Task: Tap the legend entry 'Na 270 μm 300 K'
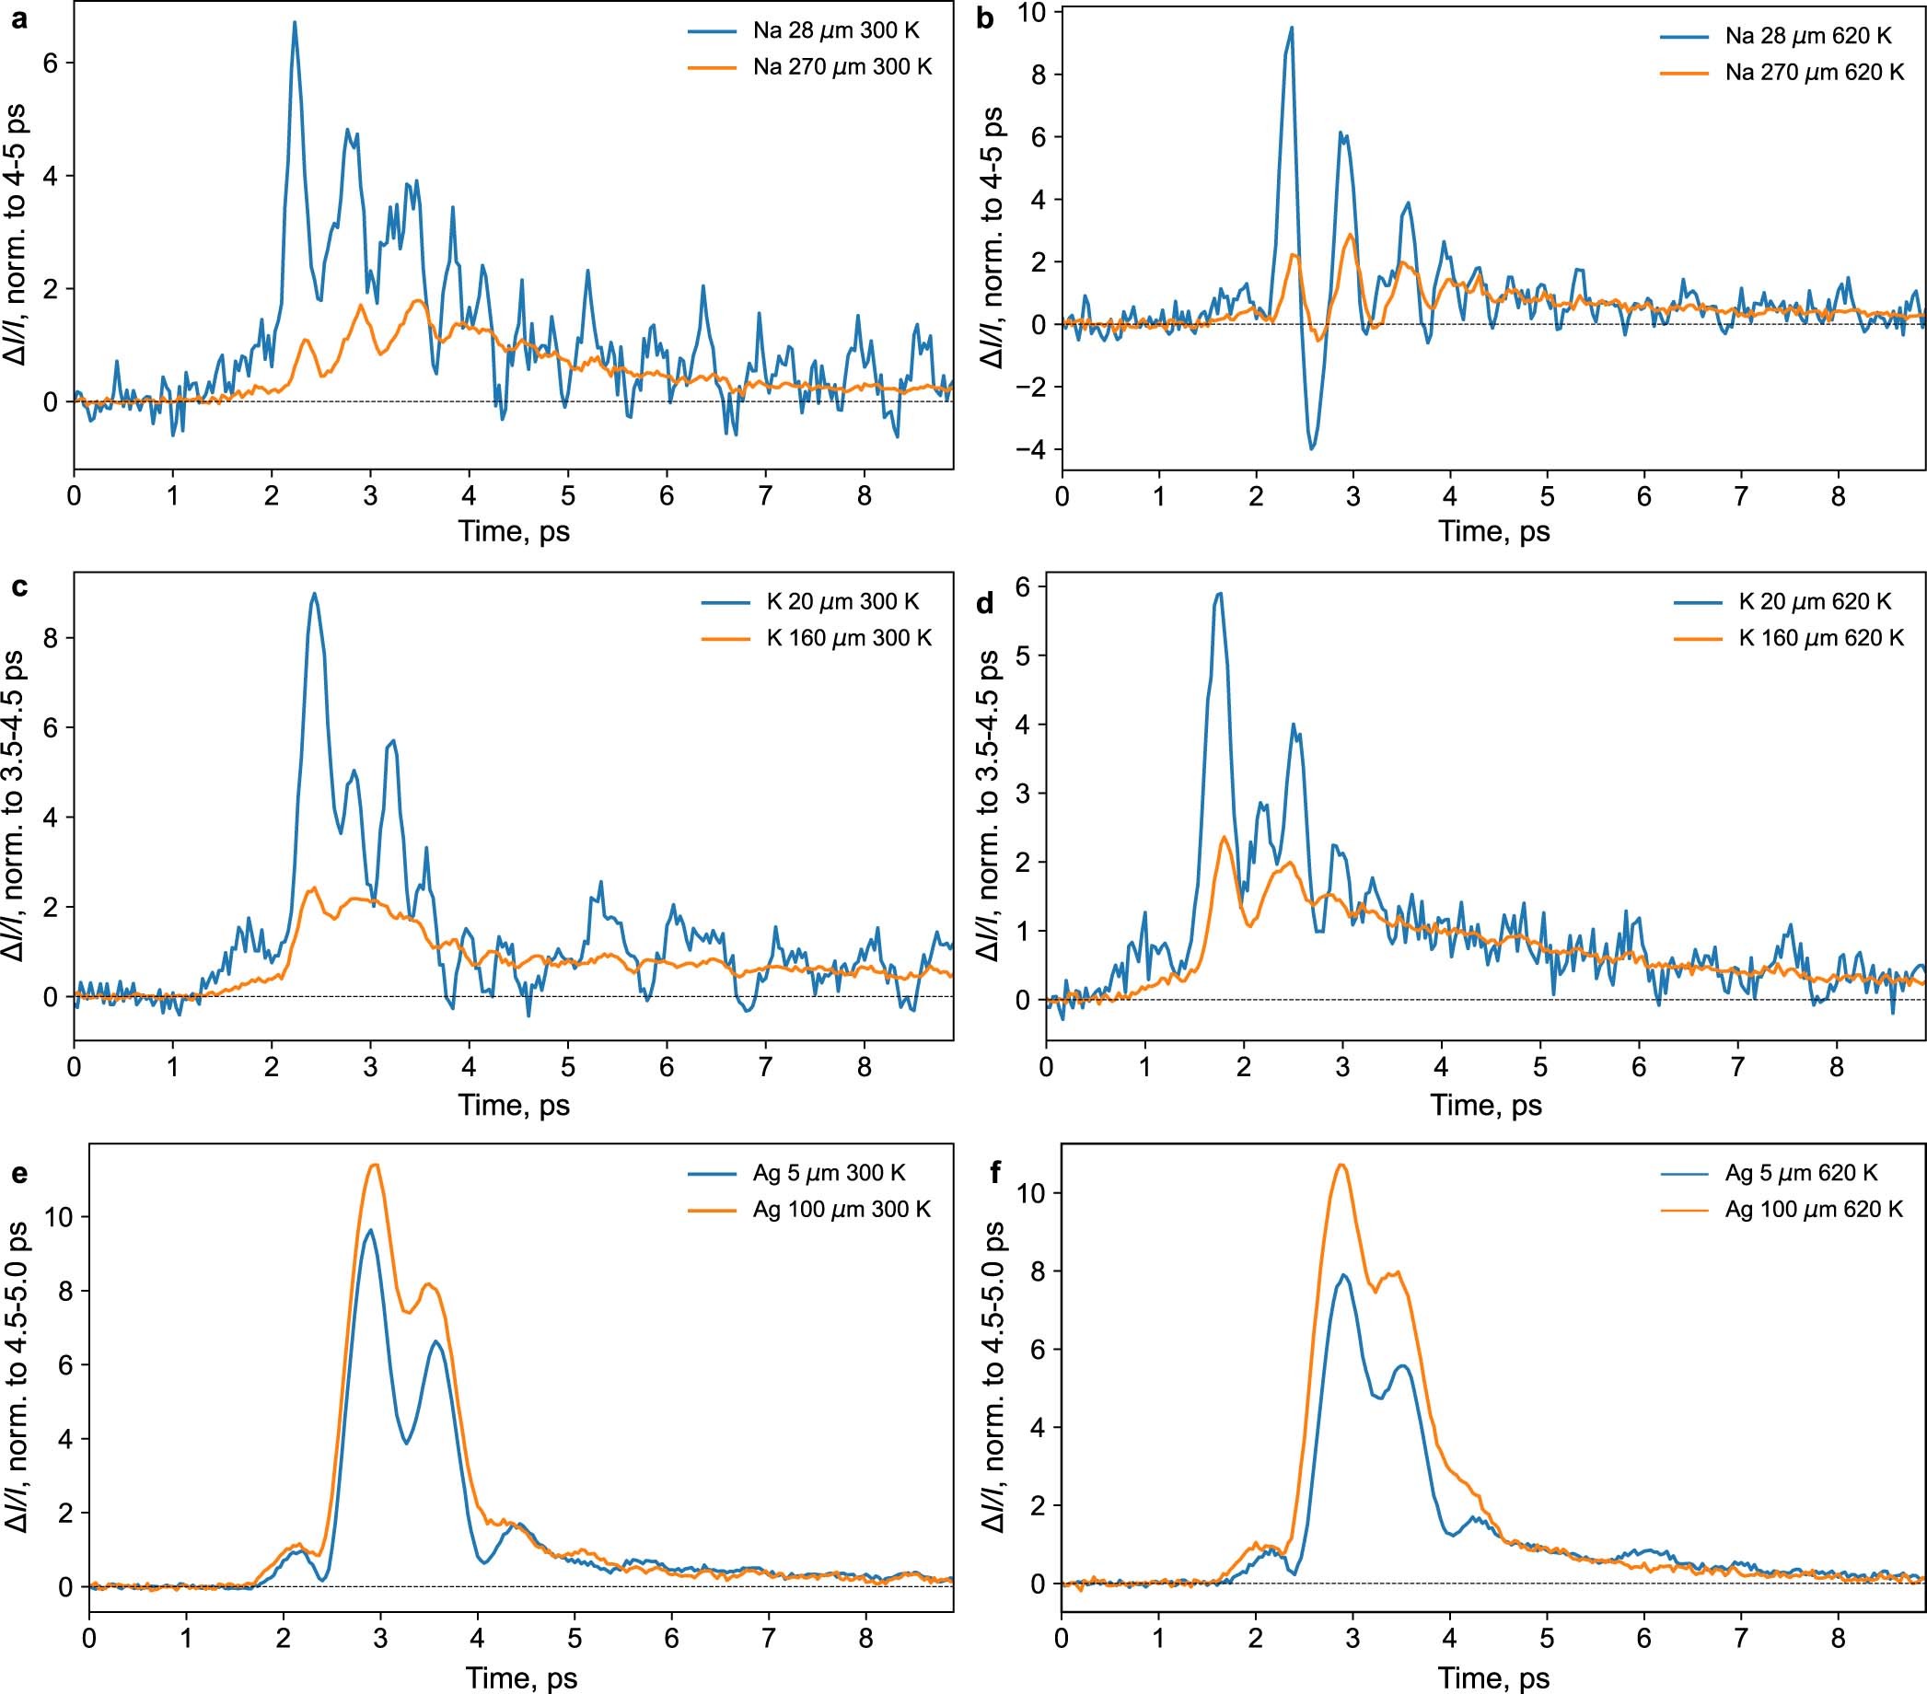click(x=842, y=67)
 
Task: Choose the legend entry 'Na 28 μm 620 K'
click(x=1808, y=36)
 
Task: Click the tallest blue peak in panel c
click(x=314, y=594)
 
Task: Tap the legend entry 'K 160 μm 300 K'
click(x=849, y=638)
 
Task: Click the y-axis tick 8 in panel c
click(x=52, y=638)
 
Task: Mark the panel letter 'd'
click(x=986, y=603)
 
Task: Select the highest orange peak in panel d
click(x=1224, y=837)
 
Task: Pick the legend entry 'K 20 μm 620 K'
click(x=1815, y=601)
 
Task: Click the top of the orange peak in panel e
click(x=375, y=1166)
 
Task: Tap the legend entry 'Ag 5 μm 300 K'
click(x=829, y=1173)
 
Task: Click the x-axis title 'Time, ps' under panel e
click(x=520, y=1677)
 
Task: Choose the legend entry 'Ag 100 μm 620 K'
click(x=1814, y=1210)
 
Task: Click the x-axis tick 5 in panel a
click(x=567, y=495)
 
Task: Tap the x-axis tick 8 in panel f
click(x=1838, y=1640)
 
